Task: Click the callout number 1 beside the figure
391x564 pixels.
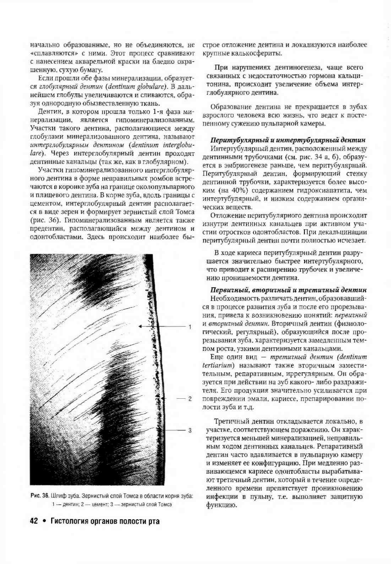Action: [x=190, y=327]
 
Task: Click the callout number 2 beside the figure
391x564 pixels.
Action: [x=190, y=399]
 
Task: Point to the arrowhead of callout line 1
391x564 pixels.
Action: [x=140, y=327]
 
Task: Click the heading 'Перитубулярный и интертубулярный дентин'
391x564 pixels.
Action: [x=287, y=141]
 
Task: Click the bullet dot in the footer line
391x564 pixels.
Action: [x=44, y=521]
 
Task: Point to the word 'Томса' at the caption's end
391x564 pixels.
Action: [x=166, y=504]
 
